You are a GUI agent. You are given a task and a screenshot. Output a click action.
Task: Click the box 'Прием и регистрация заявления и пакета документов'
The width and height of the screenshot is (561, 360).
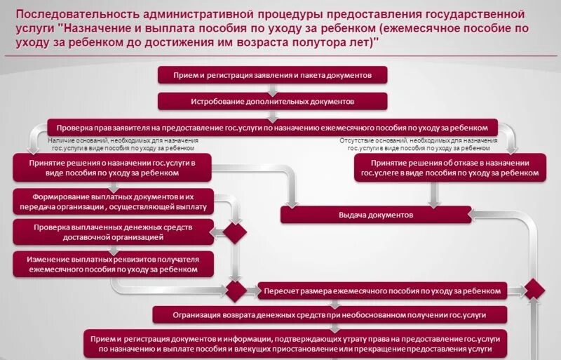click(272, 75)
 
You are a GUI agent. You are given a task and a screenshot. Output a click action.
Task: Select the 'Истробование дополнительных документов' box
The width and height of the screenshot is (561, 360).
click(272, 101)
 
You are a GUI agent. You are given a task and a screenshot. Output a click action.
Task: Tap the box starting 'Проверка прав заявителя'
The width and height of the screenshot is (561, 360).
click(272, 128)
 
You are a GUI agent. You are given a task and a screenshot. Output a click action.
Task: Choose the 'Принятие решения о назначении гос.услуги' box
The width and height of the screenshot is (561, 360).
click(114, 167)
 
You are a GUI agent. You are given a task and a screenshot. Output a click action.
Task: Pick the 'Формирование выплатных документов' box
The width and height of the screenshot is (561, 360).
click(114, 202)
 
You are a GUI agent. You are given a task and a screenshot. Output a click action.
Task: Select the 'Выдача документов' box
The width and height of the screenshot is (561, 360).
click(376, 215)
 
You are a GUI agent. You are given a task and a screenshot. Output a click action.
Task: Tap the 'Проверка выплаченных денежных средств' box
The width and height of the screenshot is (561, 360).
click(114, 232)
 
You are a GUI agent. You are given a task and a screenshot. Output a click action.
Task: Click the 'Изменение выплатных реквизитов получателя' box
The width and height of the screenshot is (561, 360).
click(114, 263)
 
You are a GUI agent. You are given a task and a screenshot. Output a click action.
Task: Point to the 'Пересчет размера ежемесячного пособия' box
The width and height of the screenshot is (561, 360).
click(382, 290)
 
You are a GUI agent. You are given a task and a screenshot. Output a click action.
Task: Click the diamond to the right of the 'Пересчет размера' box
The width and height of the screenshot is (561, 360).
click(535, 289)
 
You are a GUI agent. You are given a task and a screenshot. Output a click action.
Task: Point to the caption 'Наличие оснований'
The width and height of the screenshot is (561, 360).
click(123, 145)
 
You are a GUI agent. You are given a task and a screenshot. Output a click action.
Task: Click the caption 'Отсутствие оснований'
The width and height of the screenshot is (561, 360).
click(418, 145)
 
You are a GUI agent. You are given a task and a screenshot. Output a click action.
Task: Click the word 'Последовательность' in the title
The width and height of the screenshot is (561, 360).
click(81, 15)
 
